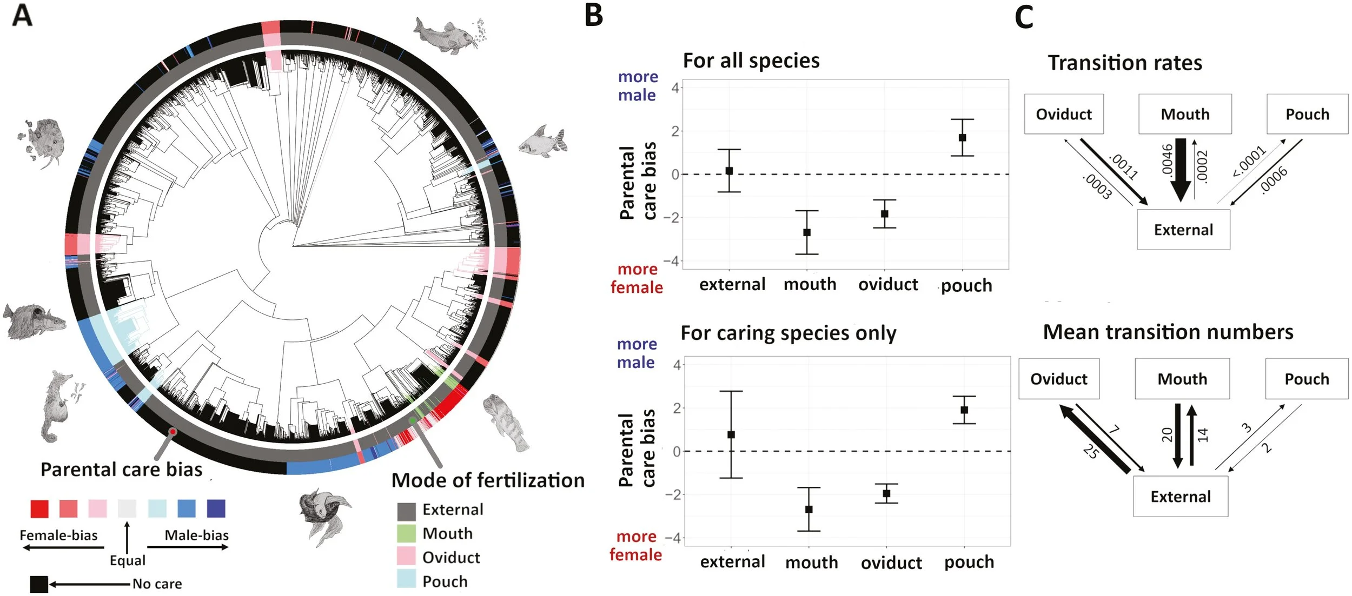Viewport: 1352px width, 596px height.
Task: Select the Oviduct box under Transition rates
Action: (x=1063, y=114)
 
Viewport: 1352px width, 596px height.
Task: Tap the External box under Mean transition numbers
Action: (x=1180, y=496)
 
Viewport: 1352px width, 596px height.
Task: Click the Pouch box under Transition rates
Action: (x=1307, y=114)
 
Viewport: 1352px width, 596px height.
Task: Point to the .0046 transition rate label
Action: (x=1167, y=159)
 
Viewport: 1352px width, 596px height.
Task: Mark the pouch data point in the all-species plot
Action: (x=962, y=137)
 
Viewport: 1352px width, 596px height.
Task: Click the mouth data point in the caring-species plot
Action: (x=808, y=509)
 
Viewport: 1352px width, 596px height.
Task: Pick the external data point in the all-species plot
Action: (x=729, y=171)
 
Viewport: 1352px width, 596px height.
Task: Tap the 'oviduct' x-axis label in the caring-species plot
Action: (x=891, y=562)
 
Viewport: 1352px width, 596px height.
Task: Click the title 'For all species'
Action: (x=751, y=61)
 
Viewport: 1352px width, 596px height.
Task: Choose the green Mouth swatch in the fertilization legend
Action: (x=406, y=533)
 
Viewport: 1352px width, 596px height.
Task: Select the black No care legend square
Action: (x=39, y=584)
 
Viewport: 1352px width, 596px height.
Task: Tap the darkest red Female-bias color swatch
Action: (x=39, y=508)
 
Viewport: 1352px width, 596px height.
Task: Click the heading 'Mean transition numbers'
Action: (x=1168, y=332)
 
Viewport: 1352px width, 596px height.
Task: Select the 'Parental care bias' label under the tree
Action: (x=121, y=469)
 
